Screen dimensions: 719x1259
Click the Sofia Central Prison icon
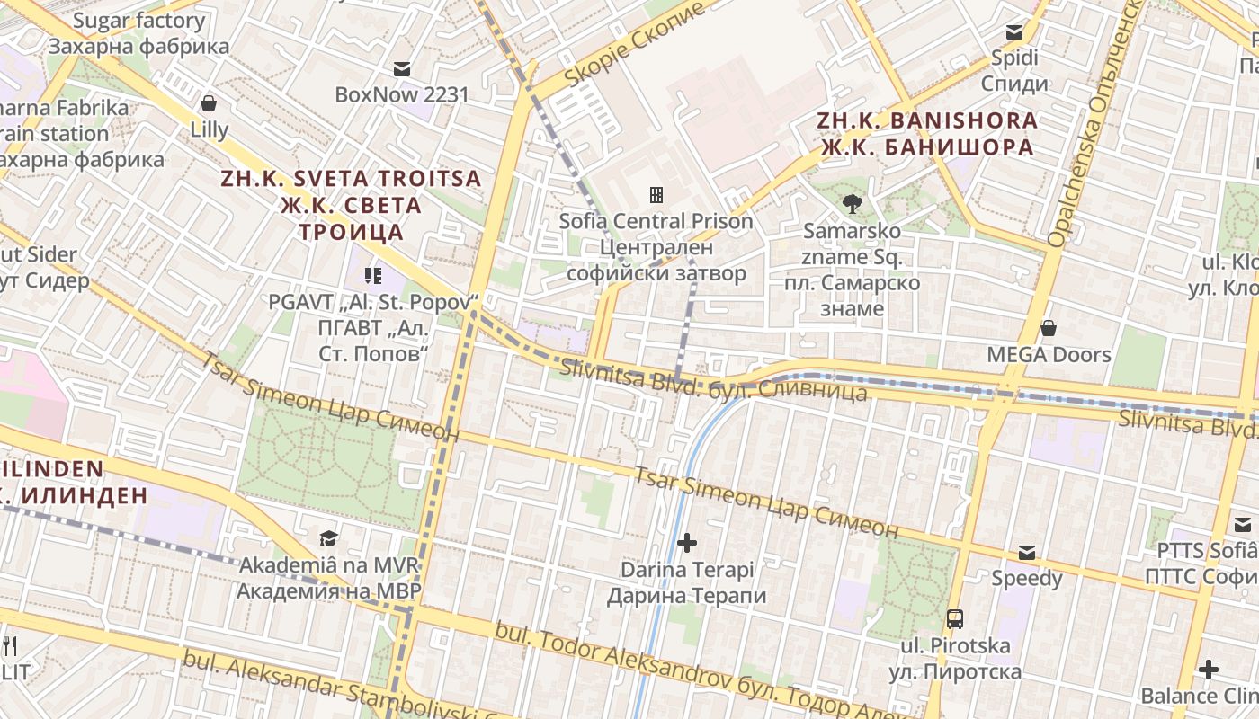tap(656, 195)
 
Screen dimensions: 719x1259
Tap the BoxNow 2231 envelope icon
tap(402, 69)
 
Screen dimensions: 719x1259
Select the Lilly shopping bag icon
tap(209, 103)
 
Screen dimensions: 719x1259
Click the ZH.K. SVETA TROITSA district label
tap(351, 205)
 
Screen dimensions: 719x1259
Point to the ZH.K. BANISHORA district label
tap(926, 133)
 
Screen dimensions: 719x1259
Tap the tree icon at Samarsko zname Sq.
tap(852, 204)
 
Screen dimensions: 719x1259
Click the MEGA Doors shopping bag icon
tap(1049, 329)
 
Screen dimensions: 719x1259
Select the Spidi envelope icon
tap(1014, 32)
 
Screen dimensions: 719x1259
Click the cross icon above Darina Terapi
tap(687, 543)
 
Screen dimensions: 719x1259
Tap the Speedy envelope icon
tap(1027, 553)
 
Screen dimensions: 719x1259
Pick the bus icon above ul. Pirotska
tap(955, 619)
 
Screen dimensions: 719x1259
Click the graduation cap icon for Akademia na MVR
tap(328, 538)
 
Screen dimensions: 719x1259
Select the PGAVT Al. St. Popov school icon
tap(372, 276)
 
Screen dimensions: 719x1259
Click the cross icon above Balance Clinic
tap(1209, 670)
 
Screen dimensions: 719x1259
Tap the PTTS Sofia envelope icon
tap(1243, 525)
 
